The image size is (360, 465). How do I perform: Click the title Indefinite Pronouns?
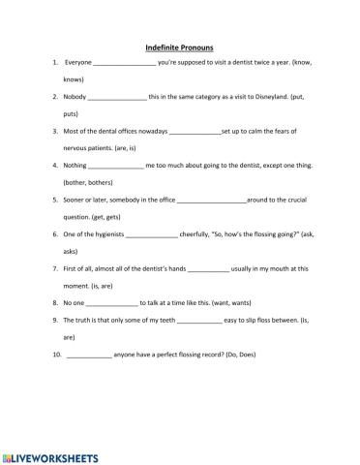point(179,46)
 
